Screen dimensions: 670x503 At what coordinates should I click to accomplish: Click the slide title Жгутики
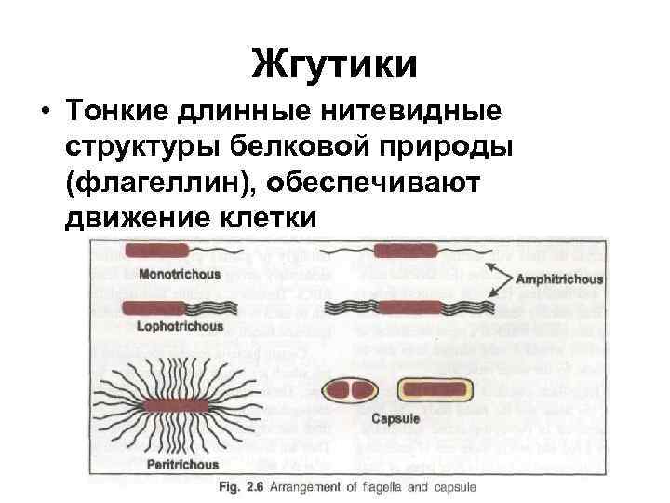(334, 65)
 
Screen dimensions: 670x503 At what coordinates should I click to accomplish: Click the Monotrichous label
(179, 275)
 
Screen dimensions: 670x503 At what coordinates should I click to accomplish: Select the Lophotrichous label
(180, 327)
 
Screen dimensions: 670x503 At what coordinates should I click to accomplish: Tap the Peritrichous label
(182, 465)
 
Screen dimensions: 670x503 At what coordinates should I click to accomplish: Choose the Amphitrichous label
(559, 279)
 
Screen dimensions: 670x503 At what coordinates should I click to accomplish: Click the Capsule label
(395, 419)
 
